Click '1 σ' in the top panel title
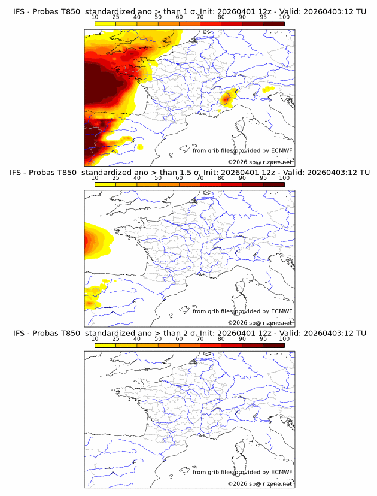point(190,12)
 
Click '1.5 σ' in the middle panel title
point(192,173)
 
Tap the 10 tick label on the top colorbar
point(95,17)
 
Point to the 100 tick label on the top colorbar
point(284,17)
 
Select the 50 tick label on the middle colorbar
point(158,178)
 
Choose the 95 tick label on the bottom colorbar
point(263,338)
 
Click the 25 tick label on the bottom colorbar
point(116,338)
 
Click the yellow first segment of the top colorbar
point(105,24)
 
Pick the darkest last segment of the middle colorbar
point(274,185)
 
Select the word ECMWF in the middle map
point(281,311)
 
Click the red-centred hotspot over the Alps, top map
point(226,98)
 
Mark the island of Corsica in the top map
point(241,126)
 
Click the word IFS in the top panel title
point(19,12)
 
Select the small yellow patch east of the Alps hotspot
point(269,89)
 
